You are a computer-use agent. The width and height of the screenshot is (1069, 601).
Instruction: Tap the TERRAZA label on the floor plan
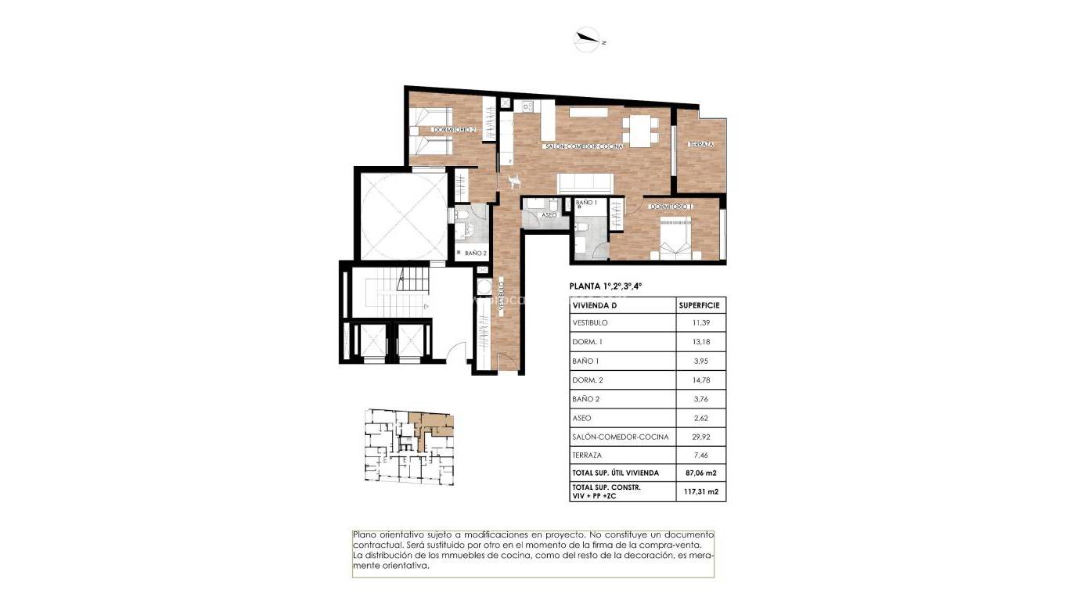pos(701,144)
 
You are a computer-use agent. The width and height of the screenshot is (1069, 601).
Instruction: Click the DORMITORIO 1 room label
pos(671,207)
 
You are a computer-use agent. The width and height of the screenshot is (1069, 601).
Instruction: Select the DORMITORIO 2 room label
pos(455,129)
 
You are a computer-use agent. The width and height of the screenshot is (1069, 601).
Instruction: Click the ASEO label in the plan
pos(549,214)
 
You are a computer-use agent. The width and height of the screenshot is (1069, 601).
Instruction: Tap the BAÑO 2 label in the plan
pos(476,253)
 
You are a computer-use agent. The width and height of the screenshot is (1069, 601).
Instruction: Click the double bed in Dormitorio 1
pos(675,239)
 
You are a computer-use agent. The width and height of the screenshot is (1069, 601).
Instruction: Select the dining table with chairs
pos(642,130)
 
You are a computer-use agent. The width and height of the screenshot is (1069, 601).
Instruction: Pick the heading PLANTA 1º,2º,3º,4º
pos(606,286)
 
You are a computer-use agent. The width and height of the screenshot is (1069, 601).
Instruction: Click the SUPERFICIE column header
pos(700,305)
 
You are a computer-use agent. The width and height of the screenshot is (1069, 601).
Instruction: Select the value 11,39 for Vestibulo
pos(700,323)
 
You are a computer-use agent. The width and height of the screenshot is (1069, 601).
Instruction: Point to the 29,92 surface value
pos(700,437)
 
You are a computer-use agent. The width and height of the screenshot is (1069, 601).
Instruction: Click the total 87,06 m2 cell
pos(700,473)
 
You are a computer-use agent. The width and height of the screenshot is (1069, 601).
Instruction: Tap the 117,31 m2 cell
pos(700,491)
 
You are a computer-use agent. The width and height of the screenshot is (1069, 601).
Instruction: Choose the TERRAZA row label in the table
pos(586,455)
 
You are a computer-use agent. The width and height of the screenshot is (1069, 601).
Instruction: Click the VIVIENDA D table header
pos(596,305)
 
